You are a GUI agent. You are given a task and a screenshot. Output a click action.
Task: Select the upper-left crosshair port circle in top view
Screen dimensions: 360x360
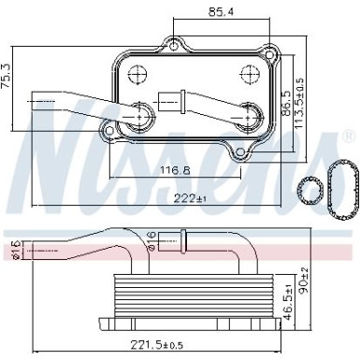point(137,76)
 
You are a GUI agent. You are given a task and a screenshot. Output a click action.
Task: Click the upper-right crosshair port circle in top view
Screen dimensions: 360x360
point(249,76)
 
